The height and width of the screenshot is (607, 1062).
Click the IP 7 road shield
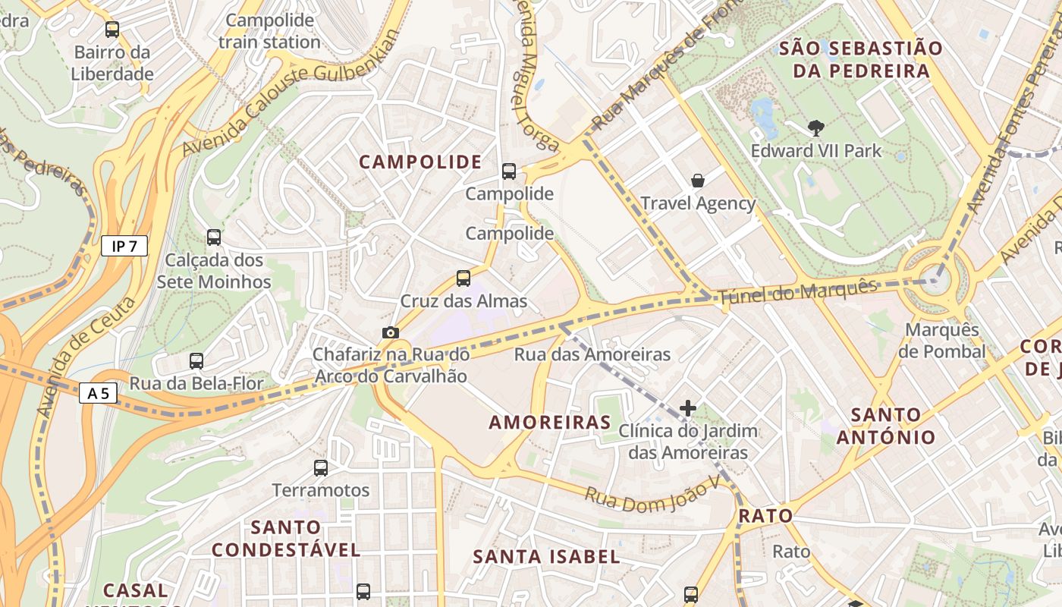124,246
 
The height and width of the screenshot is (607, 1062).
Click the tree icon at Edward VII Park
815,128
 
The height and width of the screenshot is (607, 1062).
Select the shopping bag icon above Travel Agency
697,181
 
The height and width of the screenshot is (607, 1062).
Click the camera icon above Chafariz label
390,332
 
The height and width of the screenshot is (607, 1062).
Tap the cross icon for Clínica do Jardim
687,408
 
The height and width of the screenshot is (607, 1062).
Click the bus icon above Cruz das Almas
463,278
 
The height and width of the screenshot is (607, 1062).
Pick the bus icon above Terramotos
320,467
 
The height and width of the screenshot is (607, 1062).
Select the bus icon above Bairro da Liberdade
112,30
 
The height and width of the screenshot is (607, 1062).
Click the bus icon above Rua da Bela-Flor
196,361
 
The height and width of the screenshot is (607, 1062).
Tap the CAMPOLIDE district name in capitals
420,162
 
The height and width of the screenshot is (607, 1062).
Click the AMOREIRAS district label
550,423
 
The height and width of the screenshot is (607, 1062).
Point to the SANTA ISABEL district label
546,556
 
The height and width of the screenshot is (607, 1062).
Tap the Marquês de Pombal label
941,341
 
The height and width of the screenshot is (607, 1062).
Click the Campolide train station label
269,31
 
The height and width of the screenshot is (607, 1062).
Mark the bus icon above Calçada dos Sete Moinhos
214,237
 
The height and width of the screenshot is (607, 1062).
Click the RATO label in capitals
765,516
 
